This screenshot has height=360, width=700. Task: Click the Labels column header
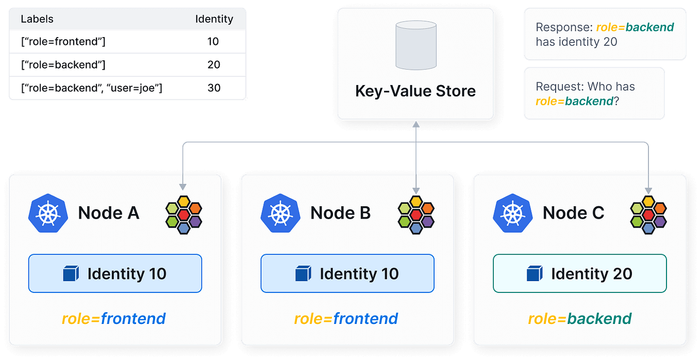click(x=37, y=20)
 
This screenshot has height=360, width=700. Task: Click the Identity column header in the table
click(x=214, y=20)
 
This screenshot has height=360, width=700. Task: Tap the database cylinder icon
click(x=415, y=45)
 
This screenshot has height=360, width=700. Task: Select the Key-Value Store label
click(x=415, y=91)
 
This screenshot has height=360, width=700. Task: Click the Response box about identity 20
click(x=604, y=35)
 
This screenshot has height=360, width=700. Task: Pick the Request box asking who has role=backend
click(x=593, y=93)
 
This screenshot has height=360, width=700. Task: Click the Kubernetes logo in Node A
click(x=48, y=213)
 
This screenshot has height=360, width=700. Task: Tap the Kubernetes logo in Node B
click(x=280, y=213)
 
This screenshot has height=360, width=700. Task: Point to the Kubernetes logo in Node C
click(x=513, y=213)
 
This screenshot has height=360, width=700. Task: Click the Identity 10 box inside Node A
click(x=115, y=273)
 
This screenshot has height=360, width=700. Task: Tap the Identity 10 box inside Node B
click(x=347, y=273)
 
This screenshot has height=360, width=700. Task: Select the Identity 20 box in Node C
click(x=579, y=273)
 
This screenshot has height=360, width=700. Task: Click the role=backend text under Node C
click(x=579, y=319)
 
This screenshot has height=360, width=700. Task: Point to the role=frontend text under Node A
click(x=114, y=319)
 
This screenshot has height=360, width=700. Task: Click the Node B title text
click(x=340, y=212)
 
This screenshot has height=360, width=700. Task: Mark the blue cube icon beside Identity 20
click(x=534, y=274)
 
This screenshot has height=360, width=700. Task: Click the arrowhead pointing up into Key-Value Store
click(x=415, y=124)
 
